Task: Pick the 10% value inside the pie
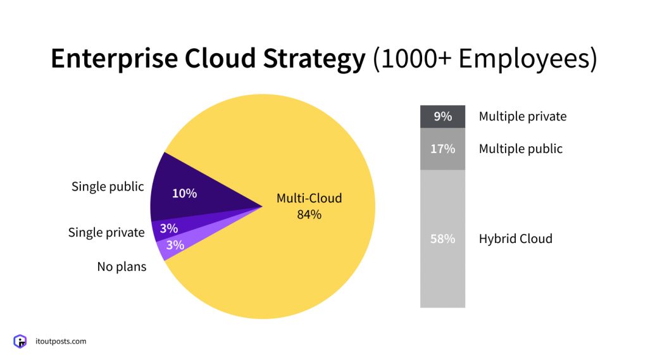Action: click(x=184, y=194)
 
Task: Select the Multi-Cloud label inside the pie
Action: click(x=309, y=198)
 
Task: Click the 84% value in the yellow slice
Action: click(x=309, y=214)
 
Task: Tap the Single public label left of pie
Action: click(x=108, y=187)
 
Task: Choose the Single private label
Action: click(x=106, y=232)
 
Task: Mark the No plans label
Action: click(x=121, y=266)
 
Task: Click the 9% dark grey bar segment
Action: click(x=442, y=116)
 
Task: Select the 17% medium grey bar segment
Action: click(x=442, y=149)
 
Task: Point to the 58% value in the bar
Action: click(x=442, y=239)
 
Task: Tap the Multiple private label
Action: click(x=522, y=116)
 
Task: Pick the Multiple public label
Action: click(x=520, y=149)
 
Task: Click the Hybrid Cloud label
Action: click(x=515, y=239)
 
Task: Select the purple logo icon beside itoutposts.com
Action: click(x=21, y=342)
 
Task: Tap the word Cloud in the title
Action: click(x=216, y=59)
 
